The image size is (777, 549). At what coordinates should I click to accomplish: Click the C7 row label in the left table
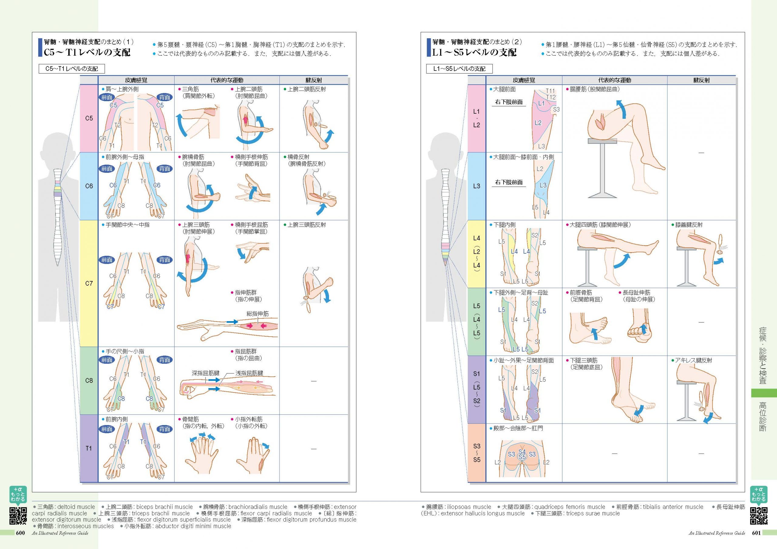click(x=89, y=283)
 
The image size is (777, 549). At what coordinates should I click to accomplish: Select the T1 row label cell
click(x=89, y=448)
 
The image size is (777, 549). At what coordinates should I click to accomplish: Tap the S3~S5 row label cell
click(x=477, y=453)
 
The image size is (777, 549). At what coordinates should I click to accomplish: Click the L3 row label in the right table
click(x=477, y=186)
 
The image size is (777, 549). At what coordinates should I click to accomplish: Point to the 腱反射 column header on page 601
click(x=701, y=80)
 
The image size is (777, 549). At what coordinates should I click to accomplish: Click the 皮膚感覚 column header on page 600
click(x=136, y=80)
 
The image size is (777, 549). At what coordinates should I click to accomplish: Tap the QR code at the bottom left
click(x=18, y=516)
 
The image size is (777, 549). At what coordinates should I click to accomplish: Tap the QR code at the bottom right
click(x=759, y=516)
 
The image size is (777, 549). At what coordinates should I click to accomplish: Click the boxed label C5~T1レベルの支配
click(x=72, y=69)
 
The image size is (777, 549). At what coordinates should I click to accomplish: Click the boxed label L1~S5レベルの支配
click(x=459, y=69)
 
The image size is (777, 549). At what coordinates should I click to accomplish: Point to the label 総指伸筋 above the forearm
click(x=258, y=314)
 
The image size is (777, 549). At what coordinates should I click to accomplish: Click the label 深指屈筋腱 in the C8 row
click(x=205, y=373)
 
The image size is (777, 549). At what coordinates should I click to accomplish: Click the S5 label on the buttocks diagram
click(x=522, y=457)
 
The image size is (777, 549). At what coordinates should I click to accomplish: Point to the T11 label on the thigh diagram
click(x=551, y=91)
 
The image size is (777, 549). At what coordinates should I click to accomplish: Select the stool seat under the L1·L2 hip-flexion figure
click(x=602, y=141)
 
